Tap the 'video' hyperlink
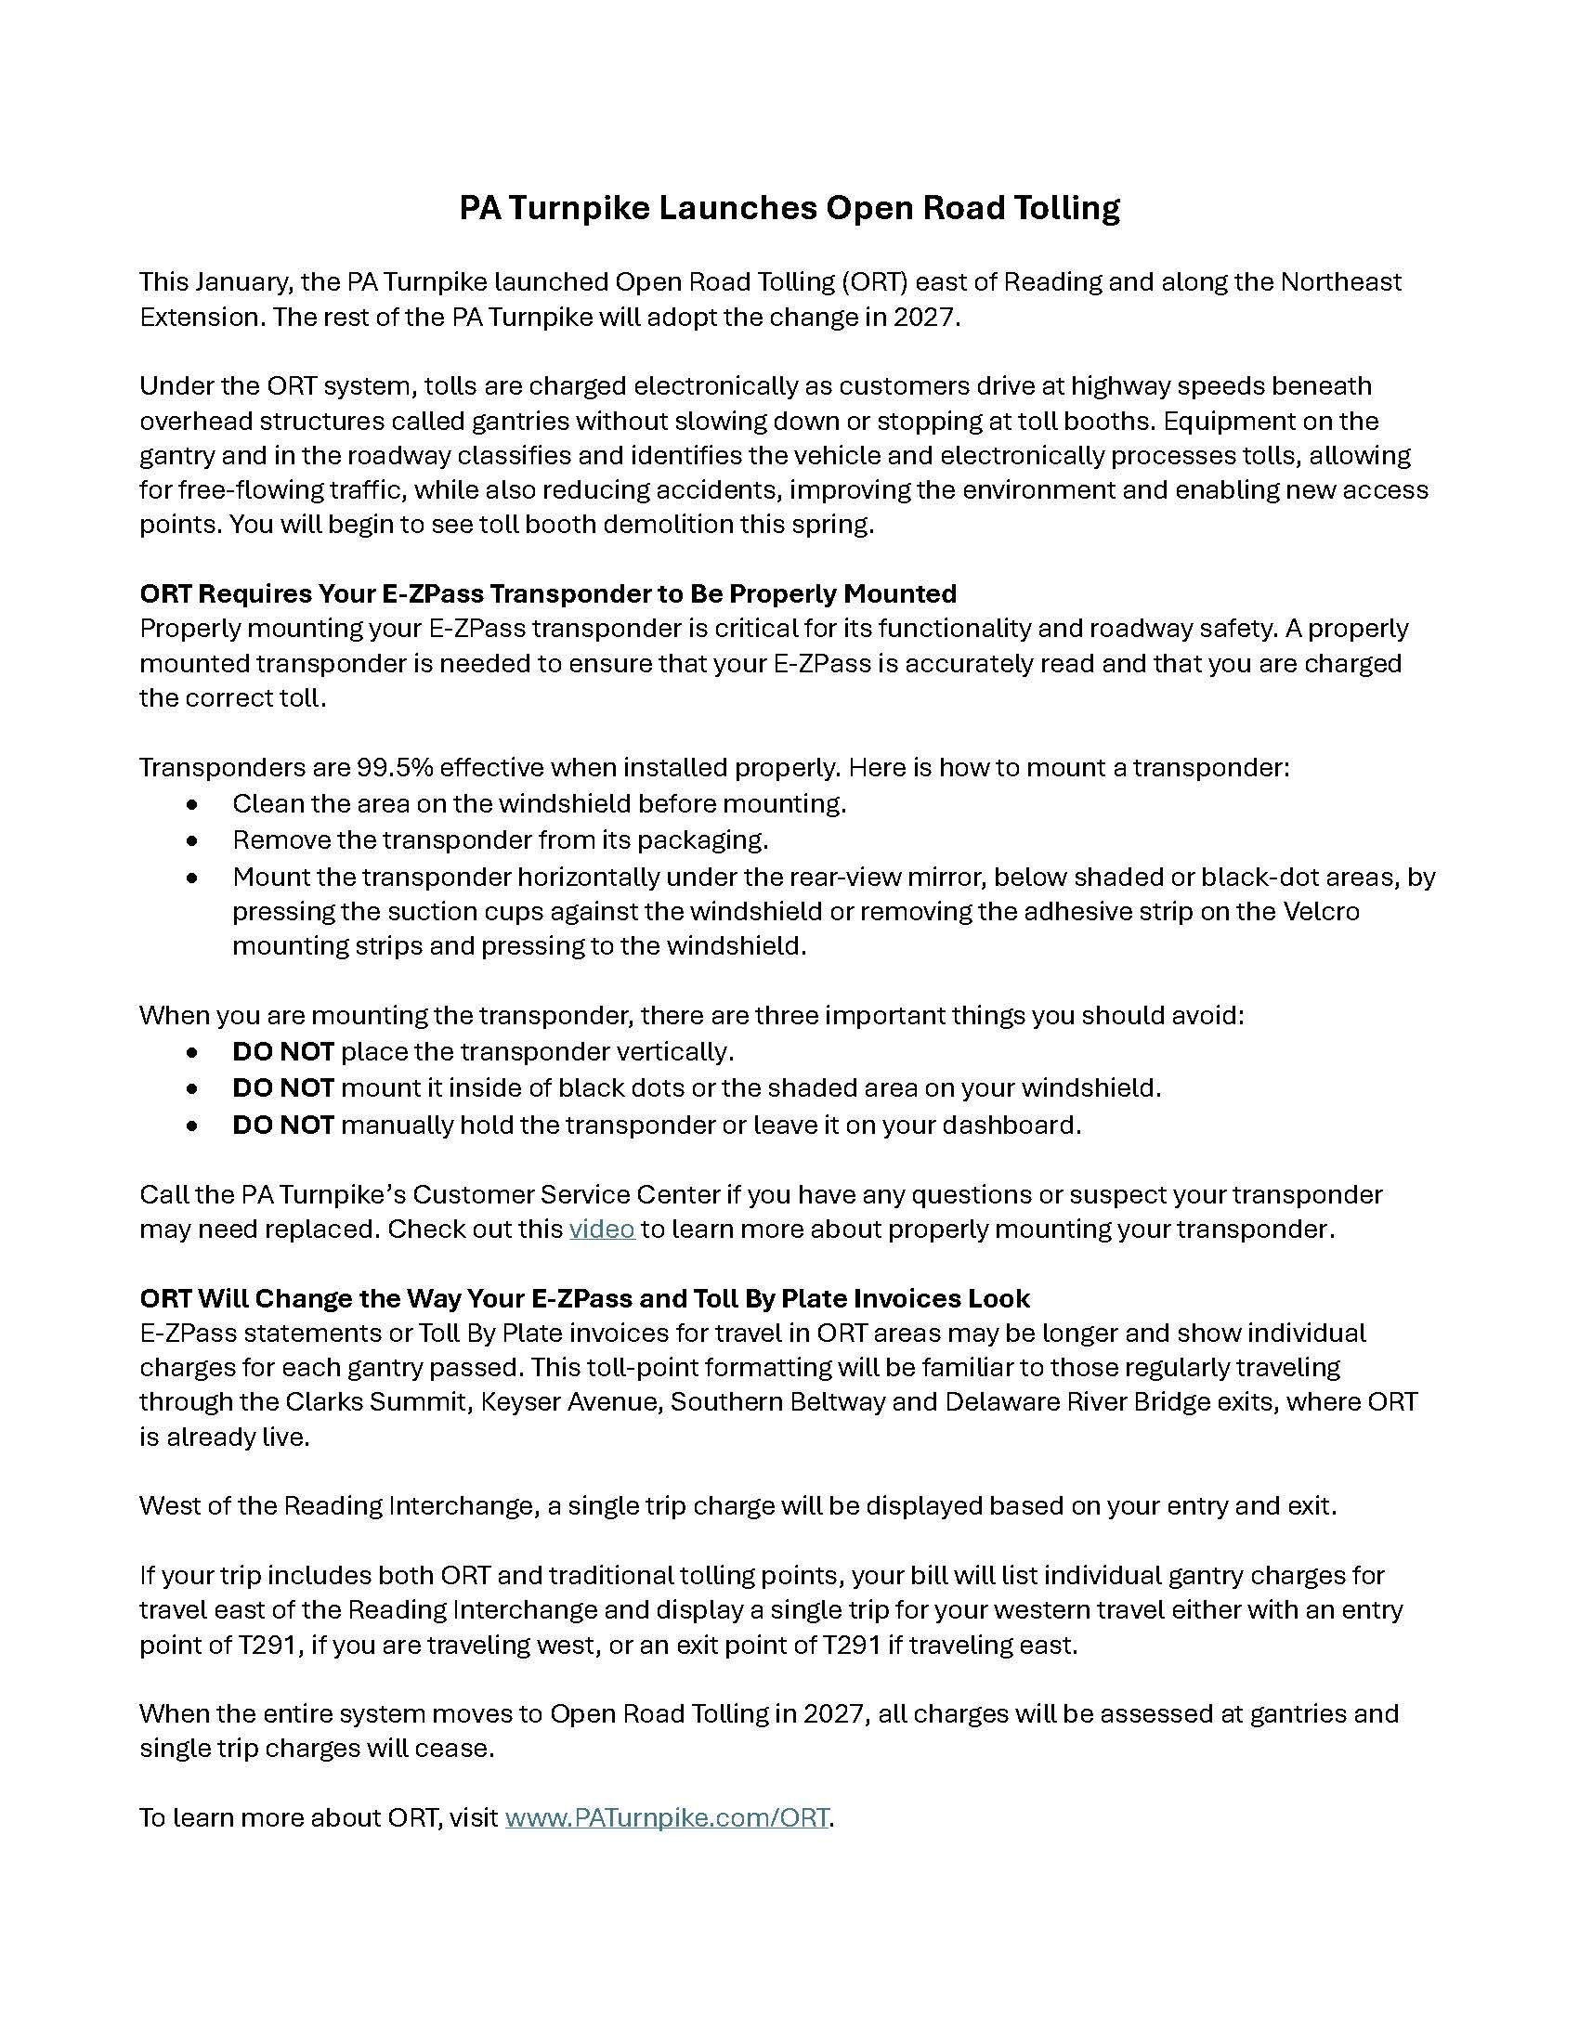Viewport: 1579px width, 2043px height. [602, 1229]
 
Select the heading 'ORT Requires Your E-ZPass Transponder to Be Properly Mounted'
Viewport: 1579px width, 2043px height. [548, 594]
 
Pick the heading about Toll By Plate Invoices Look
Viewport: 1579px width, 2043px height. [584, 1298]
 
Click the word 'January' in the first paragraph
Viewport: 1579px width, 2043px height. [249, 282]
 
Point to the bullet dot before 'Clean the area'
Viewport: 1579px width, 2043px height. [192, 804]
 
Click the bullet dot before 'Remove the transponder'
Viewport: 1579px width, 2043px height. [192, 841]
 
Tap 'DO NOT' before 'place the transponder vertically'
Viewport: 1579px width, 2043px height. [282, 1052]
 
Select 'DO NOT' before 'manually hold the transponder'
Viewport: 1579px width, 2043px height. [282, 1126]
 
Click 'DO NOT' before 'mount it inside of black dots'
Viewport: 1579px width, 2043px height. [282, 1089]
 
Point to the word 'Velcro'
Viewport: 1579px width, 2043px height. [1317, 911]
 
